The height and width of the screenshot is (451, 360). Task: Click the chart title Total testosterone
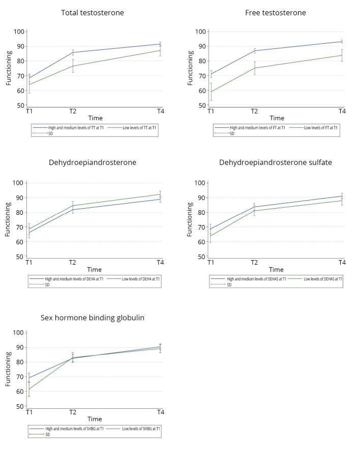click(x=92, y=12)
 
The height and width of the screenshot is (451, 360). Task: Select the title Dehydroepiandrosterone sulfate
click(x=275, y=162)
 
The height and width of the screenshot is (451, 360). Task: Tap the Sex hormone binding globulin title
click(x=93, y=318)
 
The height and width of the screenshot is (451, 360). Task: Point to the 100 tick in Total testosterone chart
click(x=19, y=32)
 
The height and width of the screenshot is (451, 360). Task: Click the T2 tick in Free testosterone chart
click(x=254, y=111)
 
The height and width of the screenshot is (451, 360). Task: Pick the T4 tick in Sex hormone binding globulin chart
click(x=160, y=412)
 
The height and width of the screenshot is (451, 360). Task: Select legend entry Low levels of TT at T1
click(x=139, y=128)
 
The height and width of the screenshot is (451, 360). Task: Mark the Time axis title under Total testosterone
click(x=95, y=118)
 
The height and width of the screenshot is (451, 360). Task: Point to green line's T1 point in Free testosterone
click(x=211, y=92)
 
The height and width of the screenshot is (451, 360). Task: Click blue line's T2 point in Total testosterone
click(x=73, y=52)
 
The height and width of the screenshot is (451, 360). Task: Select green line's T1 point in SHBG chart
click(x=29, y=389)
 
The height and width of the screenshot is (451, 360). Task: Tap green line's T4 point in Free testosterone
click(x=342, y=55)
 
